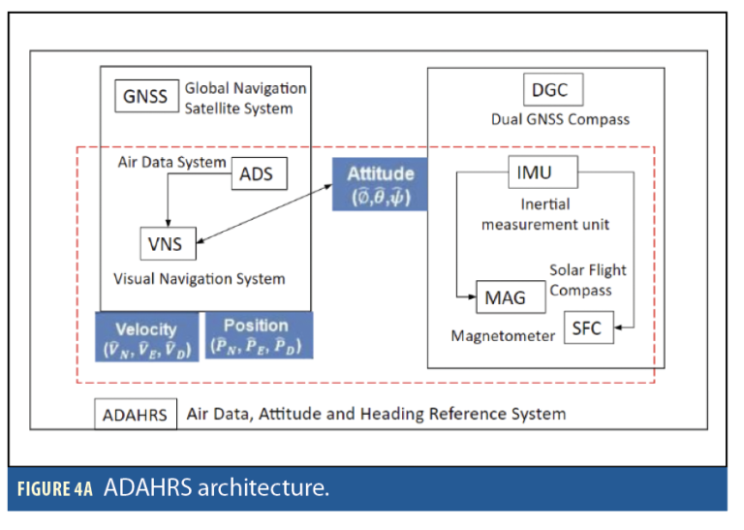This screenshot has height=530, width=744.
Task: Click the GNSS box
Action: pyautogui.click(x=145, y=96)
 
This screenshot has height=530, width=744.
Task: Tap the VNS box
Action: pyautogui.click(x=167, y=243)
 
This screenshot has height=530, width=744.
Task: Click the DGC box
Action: pyautogui.click(x=550, y=92)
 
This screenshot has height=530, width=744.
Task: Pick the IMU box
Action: pyautogui.click(x=542, y=174)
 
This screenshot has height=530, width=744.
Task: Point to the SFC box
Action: pyautogui.click(x=587, y=328)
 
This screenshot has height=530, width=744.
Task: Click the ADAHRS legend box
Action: pyautogui.click(x=136, y=415)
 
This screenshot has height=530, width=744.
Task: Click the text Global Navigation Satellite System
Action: pyautogui.click(x=245, y=98)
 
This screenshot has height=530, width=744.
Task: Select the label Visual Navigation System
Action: pyautogui.click(x=200, y=279)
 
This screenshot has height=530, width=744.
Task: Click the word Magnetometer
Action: pyautogui.click(x=502, y=336)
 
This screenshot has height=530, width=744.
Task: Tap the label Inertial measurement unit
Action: pyautogui.click(x=542, y=214)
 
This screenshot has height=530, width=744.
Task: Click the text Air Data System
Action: pyautogui.click(x=171, y=163)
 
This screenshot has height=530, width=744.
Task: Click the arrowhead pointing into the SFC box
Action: pyautogui.click(x=620, y=328)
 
